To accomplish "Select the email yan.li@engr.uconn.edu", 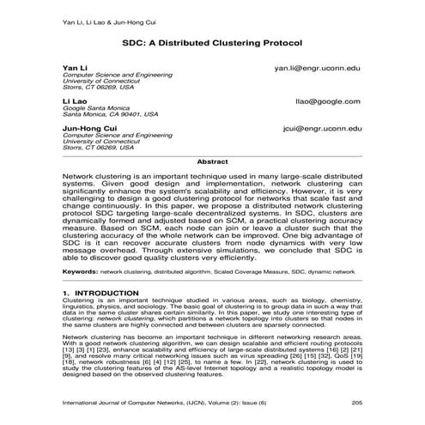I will [x=317, y=67].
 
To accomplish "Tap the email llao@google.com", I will [x=329, y=101].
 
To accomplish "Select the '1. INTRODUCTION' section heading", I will [x=100, y=294].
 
